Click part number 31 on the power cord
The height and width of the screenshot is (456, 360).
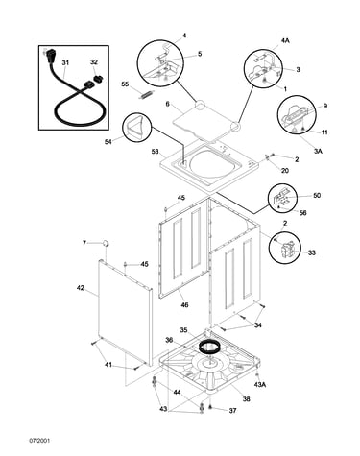click(x=65, y=62)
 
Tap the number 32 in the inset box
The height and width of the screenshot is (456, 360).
click(x=94, y=62)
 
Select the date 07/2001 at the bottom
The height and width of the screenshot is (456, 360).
click(x=39, y=441)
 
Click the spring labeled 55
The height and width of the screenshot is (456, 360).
click(x=146, y=94)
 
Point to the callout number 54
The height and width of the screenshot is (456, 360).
click(x=108, y=141)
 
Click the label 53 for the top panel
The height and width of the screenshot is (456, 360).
click(x=156, y=151)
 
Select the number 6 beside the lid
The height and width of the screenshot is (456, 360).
click(x=167, y=104)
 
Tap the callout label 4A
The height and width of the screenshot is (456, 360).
click(x=285, y=40)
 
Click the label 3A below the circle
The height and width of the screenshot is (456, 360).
click(x=318, y=151)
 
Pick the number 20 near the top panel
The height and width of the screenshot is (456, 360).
click(x=284, y=171)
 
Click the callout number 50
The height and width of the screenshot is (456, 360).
click(x=316, y=195)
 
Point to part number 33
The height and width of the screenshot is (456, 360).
click(x=312, y=252)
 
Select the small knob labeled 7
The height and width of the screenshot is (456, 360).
click(x=106, y=243)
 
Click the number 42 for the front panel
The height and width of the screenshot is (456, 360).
click(x=81, y=288)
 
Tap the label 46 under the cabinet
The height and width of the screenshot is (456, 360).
click(x=184, y=305)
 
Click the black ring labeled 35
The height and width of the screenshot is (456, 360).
click(x=208, y=346)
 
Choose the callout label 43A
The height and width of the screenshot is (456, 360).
click(x=260, y=385)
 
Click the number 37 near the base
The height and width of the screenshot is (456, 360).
click(x=232, y=410)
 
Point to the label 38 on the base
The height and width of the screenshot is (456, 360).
click(x=246, y=399)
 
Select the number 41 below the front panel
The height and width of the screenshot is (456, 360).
click(x=108, y=365)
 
